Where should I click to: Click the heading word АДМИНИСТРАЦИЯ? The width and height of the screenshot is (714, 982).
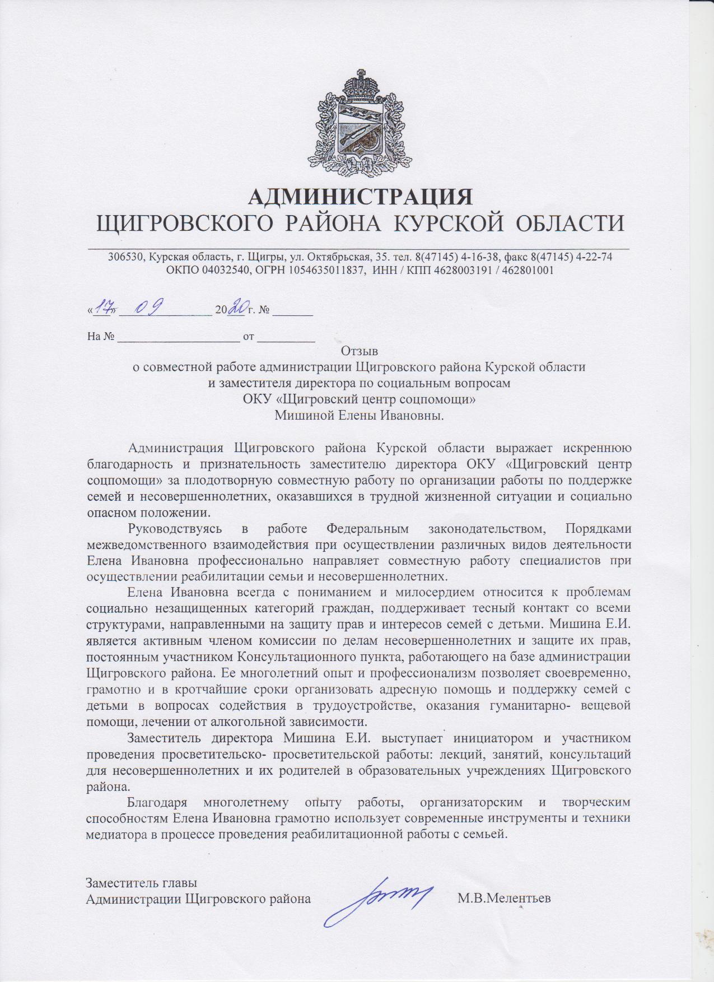[360, 197]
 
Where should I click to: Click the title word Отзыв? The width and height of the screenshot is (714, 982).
[359, 351]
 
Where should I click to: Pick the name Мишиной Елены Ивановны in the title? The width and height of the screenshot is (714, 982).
[359, 415]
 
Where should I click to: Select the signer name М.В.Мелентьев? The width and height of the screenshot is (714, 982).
[504, 898]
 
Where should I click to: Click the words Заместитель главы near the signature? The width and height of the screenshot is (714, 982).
[141, 883]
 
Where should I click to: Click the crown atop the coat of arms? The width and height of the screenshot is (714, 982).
[360, 84]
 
